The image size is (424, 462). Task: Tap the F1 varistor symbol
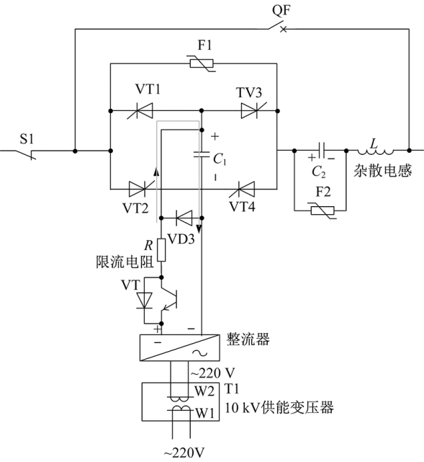tap(202, 63)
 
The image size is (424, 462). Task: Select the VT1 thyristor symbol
tap(140, 110)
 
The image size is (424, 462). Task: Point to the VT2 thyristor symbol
tap(142, 189)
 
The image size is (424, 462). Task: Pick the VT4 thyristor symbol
tap(242, 189)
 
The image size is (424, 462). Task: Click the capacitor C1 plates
tap(202, 154)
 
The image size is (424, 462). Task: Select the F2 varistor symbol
tap(322, 210)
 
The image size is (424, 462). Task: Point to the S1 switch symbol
tap(25, 154)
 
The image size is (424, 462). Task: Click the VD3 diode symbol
tap(184, 218)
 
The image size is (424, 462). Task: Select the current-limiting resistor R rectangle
tap(161, 250)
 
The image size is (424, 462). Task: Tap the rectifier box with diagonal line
tap(179, 347)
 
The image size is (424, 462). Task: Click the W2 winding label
tap(204, 391)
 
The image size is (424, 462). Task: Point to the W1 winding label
tap(204, 413)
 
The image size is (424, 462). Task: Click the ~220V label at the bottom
tap(184, 453)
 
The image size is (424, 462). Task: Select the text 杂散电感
tap(382, 171)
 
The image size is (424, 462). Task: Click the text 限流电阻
tap(125, 262)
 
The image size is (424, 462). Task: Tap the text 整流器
tap(248, 339)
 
